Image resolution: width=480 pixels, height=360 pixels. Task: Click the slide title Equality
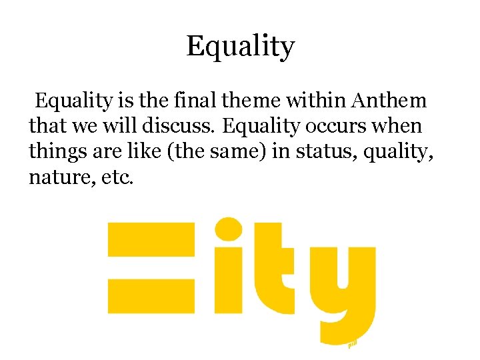pos(240,47)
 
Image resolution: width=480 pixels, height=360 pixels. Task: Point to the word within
pos(317,101)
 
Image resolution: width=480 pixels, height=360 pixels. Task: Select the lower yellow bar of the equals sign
pos(151,295)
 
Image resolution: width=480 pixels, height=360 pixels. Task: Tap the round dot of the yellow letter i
pos(230,229)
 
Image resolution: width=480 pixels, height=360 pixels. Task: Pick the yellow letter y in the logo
pos(343,287)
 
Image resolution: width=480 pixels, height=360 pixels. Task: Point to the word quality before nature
pos(395,151)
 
